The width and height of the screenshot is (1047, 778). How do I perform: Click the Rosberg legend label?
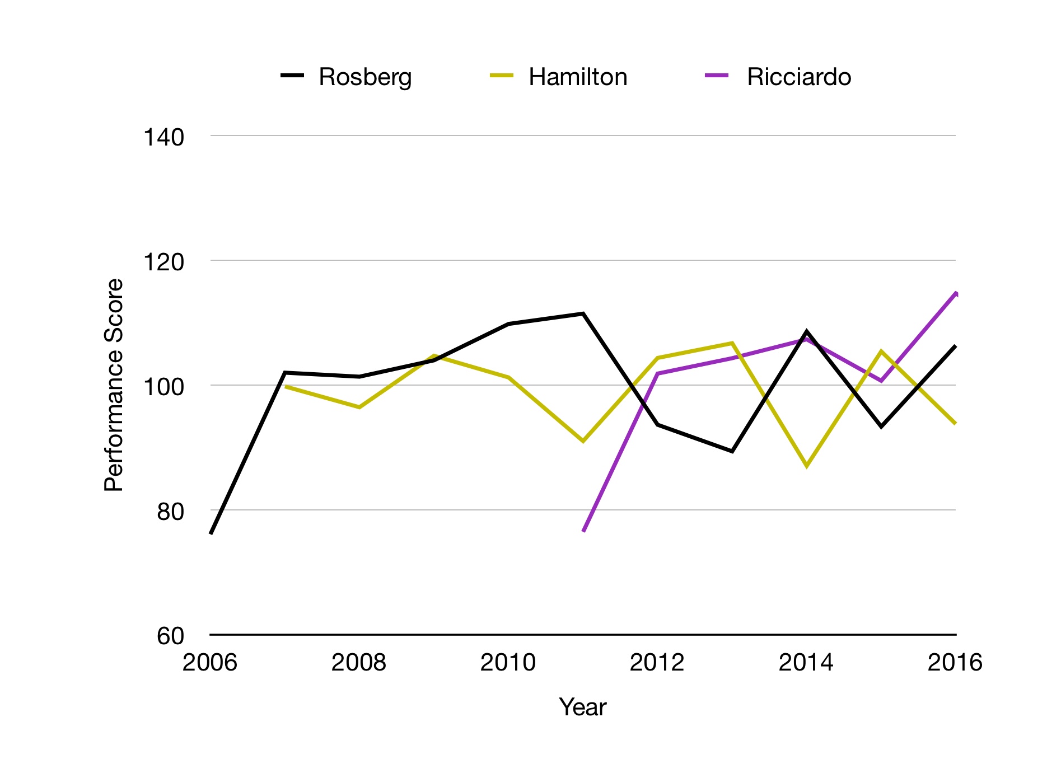[x=365, y=77]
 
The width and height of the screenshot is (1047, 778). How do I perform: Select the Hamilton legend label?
[x=577, y=77]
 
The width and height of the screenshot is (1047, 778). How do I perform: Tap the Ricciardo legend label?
[x=798, y=77]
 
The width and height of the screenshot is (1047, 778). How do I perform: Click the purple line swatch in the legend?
[x=717, y=76]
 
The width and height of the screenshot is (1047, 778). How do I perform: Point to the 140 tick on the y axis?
[x=163, y=137]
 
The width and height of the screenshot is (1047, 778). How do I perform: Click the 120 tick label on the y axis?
[x=163, y=262]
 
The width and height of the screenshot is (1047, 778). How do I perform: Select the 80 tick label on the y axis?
[x=170, y=512]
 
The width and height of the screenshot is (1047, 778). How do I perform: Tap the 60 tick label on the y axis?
[x=170, y=636]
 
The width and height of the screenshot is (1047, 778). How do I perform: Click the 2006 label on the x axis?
[x=210, y=663]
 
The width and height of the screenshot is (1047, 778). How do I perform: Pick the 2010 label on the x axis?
[x=508, y=663]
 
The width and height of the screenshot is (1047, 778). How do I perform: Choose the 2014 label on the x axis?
[x=806, y=663]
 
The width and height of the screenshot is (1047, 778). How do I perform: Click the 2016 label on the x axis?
[x=955, y=663]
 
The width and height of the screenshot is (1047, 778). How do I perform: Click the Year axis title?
[x=582, y=707]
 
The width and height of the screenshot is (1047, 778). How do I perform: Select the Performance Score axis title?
[x=114, y=385]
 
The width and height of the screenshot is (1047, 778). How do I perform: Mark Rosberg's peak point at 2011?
[x=583, y=314]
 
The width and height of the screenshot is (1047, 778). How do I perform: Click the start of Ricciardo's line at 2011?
[x=583, y=531]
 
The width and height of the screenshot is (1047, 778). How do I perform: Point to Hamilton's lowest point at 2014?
[x=806, y=466]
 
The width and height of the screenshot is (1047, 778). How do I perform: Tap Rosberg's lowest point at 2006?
[x=211, y=533]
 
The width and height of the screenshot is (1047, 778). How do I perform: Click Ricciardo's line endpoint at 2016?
[x=956, y=293]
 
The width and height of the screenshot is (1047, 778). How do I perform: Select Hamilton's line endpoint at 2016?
[x=955, y=423]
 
